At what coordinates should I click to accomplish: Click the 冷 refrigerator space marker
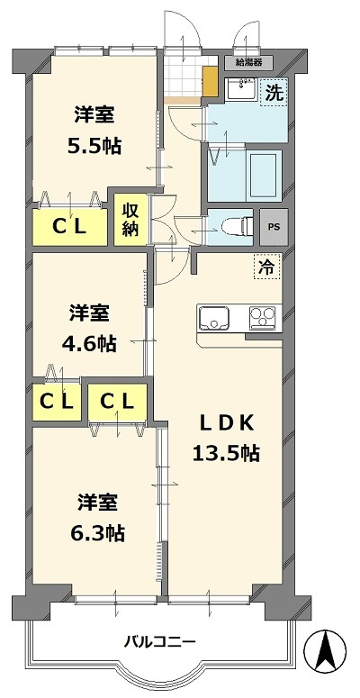point(267,267)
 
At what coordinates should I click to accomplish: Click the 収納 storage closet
point(129,217)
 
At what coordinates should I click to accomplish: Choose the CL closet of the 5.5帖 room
point(67,227)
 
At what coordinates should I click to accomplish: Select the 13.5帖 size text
point(225,453)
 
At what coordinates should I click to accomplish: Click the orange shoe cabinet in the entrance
point(210,81)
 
